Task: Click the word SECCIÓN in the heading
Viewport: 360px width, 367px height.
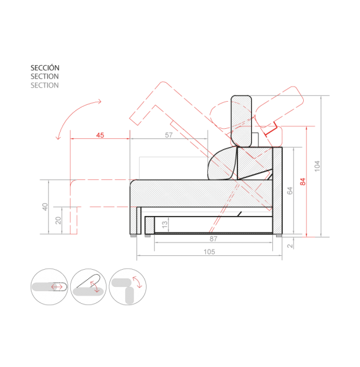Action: click(x=45, y=68)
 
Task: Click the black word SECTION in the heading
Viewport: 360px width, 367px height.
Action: click(x=44, y=76)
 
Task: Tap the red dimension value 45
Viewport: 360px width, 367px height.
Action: click(x=100, y=135)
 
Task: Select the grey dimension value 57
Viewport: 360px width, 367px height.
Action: click(x=169, y=135)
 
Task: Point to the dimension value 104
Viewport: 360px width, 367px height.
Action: click(x=317, y=166)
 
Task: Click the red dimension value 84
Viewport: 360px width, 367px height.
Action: click(x=303, y=182)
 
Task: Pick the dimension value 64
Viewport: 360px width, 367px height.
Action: click(x=290, y=191)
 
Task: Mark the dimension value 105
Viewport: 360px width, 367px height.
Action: click(x=209, y=252)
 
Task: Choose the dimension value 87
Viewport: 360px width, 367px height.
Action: click(x=213, y=239)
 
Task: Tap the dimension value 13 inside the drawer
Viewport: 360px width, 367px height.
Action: click(x=165, y=225)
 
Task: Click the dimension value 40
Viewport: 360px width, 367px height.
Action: click(x=45, y=207)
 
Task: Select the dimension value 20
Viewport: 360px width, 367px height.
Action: click(x=58, y=220)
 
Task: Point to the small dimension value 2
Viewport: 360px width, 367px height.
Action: click(x=290, y=246)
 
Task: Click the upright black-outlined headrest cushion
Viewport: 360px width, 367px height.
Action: click(x=241, y=121)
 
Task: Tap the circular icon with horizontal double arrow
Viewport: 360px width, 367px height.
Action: click(x=49, y=287)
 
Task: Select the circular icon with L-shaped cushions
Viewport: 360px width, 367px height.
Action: click(x=128, y=287)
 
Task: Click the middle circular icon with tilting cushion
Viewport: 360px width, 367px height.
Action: click(x=88, y=287)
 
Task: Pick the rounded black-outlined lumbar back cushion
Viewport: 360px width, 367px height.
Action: click(x=222, y=164)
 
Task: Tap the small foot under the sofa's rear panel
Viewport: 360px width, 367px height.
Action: click(x=279, y=236)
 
